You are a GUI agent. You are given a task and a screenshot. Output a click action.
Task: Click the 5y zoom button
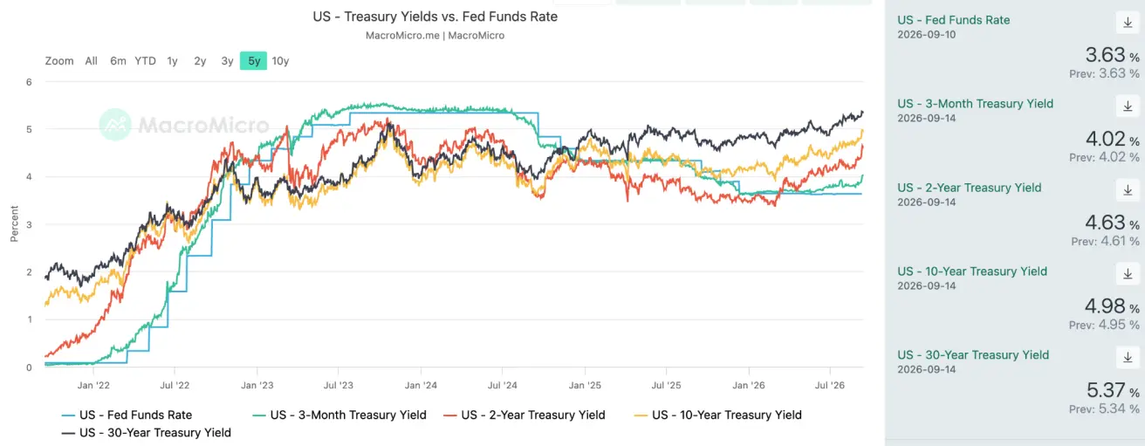pos(254,61)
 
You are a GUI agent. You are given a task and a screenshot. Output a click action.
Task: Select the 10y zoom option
pos(280,61)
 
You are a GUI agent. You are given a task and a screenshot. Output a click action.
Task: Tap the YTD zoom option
pos(145,61)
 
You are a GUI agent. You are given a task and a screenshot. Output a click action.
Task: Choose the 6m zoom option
pos(118,61)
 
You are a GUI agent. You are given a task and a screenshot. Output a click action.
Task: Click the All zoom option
pos(91,61)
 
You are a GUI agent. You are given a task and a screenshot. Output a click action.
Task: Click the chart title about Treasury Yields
pos(435,17)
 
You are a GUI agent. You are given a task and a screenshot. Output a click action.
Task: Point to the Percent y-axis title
pos(14,224)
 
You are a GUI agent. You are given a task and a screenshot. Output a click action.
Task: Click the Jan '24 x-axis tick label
pos(421,385)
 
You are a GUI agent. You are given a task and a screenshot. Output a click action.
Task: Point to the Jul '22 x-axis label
pos(175,385)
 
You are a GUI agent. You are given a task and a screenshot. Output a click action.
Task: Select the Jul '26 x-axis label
pos(830,385)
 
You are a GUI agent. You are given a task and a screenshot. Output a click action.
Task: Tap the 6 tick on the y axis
pos(29,82)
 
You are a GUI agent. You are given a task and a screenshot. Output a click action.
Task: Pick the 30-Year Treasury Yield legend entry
pos(147,433)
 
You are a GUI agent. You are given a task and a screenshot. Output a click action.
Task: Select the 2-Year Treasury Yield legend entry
pos(525,415)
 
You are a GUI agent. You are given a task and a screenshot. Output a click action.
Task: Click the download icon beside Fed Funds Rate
pos(1128,23)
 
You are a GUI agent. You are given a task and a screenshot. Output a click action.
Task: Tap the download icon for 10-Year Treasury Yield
pos(1128,274)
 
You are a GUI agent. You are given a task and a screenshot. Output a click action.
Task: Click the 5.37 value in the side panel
pos(1106,390)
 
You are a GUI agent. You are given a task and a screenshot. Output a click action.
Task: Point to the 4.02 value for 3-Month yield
pos(1106,139)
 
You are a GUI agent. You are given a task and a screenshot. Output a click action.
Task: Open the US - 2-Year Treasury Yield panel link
pos(970,188)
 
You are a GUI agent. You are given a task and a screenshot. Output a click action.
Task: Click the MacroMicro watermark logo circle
pos(115,124)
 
